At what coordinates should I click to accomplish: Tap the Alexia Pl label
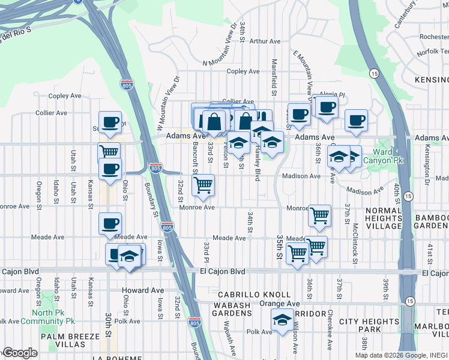333,95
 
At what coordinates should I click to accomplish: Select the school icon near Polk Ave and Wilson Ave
282,321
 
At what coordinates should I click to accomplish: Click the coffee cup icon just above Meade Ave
110,223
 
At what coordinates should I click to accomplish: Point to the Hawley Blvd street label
258,159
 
